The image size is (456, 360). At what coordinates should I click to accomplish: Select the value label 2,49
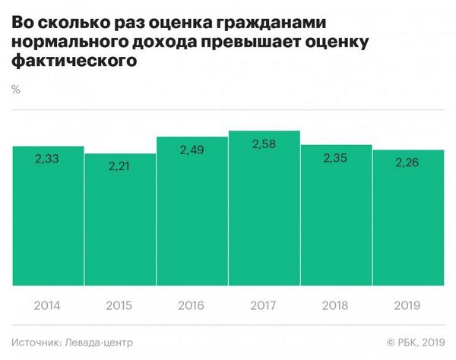192,150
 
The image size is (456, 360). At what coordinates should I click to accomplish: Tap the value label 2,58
264,144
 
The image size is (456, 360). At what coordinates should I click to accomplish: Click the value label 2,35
336,158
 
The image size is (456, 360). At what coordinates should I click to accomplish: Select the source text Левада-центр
95,343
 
